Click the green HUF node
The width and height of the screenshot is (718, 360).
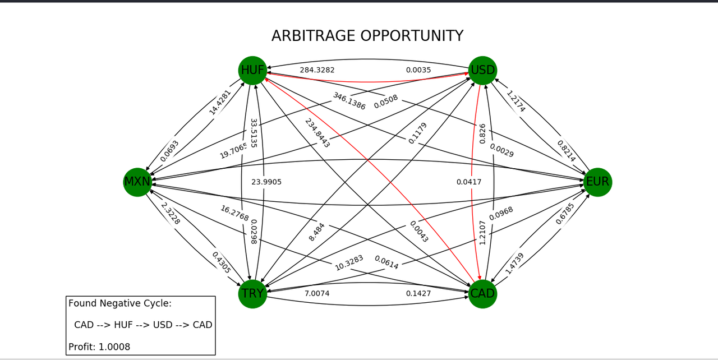[x=252, y=71]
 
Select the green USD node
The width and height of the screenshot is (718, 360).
[x=482, y=71]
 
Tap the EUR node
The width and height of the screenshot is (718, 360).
[x=597, y=182]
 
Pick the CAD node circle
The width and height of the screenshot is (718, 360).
[x=482, y=294]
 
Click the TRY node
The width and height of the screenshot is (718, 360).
[x=252, y=294]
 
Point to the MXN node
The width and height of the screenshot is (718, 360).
[x=137, y=182]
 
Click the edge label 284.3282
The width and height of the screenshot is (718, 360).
[x=317, y=70]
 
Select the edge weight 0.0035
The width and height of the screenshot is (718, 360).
[x=418, y=70]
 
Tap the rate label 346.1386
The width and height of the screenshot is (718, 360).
[x=349, y=101]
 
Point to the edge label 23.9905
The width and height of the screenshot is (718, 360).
[x=266, y=182]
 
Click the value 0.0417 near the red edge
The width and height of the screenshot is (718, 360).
[x=468, y=182]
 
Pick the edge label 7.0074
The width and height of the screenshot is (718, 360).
[x=317, y=293]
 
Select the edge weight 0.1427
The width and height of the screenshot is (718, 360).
[x=418, y=293]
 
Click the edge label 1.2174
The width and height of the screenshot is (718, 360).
[x=516, y=101]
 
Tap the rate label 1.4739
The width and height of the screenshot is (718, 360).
[x=514, y=263]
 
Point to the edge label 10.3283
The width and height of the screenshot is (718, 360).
[x=349, y=263]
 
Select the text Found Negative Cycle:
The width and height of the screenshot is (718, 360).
[x=120, y=303]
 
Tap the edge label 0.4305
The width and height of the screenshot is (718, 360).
[x=222, y=262]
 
